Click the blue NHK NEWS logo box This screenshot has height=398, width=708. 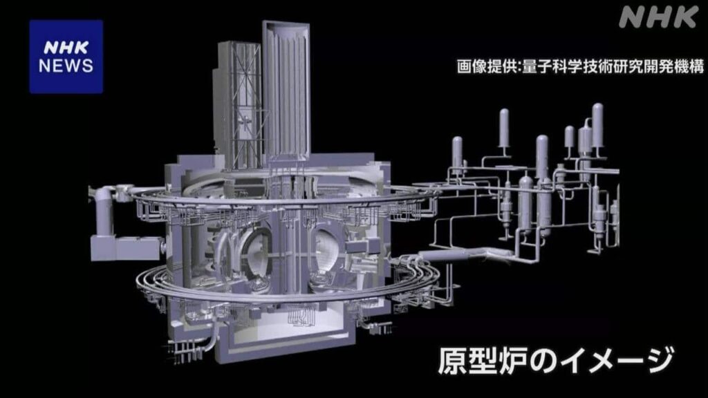tap(66, 56)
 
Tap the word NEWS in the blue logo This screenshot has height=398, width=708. tap(66, 66)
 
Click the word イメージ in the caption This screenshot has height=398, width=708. tap(602, 361)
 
